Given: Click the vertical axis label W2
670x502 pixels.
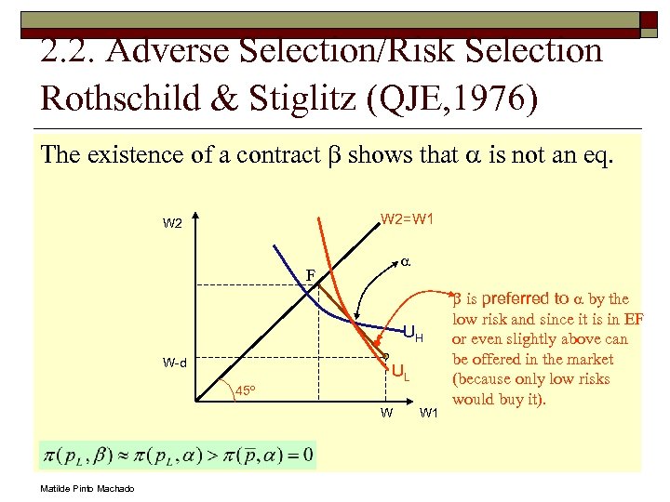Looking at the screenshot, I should coord(172,223).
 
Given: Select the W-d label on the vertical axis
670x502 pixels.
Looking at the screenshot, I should coord(173,363).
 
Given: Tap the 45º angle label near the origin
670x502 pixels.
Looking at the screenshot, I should coord(246,390).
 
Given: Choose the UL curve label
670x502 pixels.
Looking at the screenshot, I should coord(400,374).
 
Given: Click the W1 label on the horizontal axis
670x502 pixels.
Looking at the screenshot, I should coord(430,413).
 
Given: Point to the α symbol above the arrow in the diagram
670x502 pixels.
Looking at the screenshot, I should coord(406,262).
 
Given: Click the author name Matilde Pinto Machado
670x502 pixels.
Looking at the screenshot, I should coord(87,489).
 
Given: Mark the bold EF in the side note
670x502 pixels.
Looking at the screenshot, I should coord(633,319).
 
